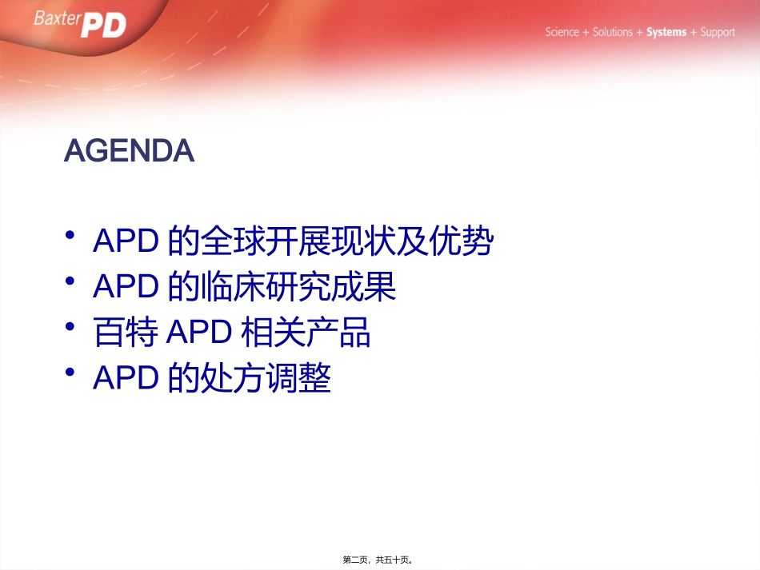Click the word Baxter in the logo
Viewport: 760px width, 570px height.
click(58, 18)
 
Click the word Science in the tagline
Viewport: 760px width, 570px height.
click(562, 33)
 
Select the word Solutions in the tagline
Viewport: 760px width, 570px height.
click(613, 33)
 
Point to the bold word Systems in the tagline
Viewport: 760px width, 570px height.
click(666, 33)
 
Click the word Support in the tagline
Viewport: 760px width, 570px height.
click(718, 33)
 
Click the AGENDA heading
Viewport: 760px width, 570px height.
click(129, 151)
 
